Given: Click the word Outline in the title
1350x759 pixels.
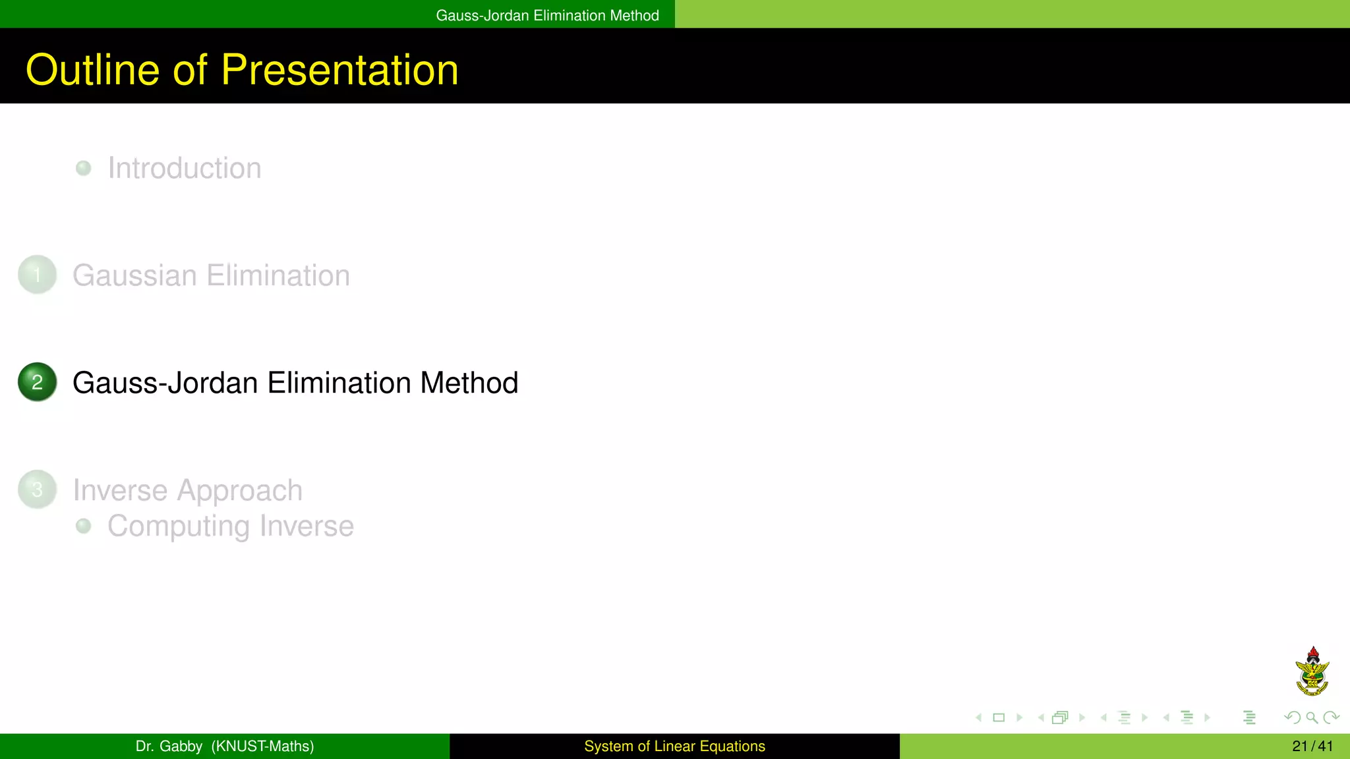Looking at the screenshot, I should coord(92,70).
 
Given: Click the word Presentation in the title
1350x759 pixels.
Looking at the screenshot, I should coord(339,70).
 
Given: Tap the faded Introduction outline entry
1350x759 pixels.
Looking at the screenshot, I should coord(185,168).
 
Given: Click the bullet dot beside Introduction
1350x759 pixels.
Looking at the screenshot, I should coord(83,168).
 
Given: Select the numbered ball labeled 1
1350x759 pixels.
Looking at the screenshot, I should coord(38,275).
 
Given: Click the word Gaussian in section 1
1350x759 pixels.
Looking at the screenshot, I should coord(134,275).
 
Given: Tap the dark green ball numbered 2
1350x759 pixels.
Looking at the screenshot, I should coord(38,382).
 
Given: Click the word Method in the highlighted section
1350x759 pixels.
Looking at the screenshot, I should coord(469,383).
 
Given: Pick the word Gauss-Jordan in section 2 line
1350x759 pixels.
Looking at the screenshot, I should coord(165,383).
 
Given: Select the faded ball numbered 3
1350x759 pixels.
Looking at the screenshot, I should coord(38,490).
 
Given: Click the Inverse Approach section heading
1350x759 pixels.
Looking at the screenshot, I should coord(187,490).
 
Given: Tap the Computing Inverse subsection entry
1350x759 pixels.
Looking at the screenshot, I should coord(231,526).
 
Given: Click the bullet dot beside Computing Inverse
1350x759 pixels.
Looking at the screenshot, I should coord(83,526).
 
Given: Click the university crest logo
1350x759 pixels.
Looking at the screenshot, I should coord(1312,671).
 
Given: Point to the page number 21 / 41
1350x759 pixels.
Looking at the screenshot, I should coord(1312,746).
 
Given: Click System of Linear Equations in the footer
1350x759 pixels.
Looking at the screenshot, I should coord(674,746).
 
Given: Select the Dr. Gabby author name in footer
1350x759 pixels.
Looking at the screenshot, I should coord(169,746).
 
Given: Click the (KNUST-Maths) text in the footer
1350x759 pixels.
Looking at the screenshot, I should coord(262,746).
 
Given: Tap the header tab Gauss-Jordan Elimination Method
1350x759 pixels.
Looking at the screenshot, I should coord(547,15).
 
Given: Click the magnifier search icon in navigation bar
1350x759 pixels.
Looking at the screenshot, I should coord(1312,717).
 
